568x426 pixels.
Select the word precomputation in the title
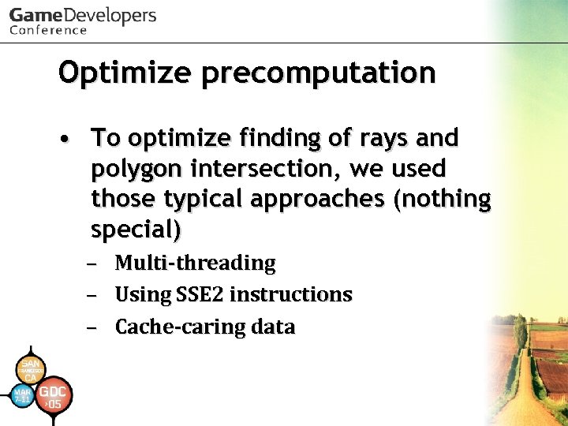coord(318,73)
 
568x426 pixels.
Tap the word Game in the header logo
coord(36,16)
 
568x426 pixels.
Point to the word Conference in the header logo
coord(48,30)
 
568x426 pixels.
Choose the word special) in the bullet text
coord(136,230)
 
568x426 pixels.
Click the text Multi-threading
coord(195,263)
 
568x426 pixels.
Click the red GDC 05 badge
coord(54,395)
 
